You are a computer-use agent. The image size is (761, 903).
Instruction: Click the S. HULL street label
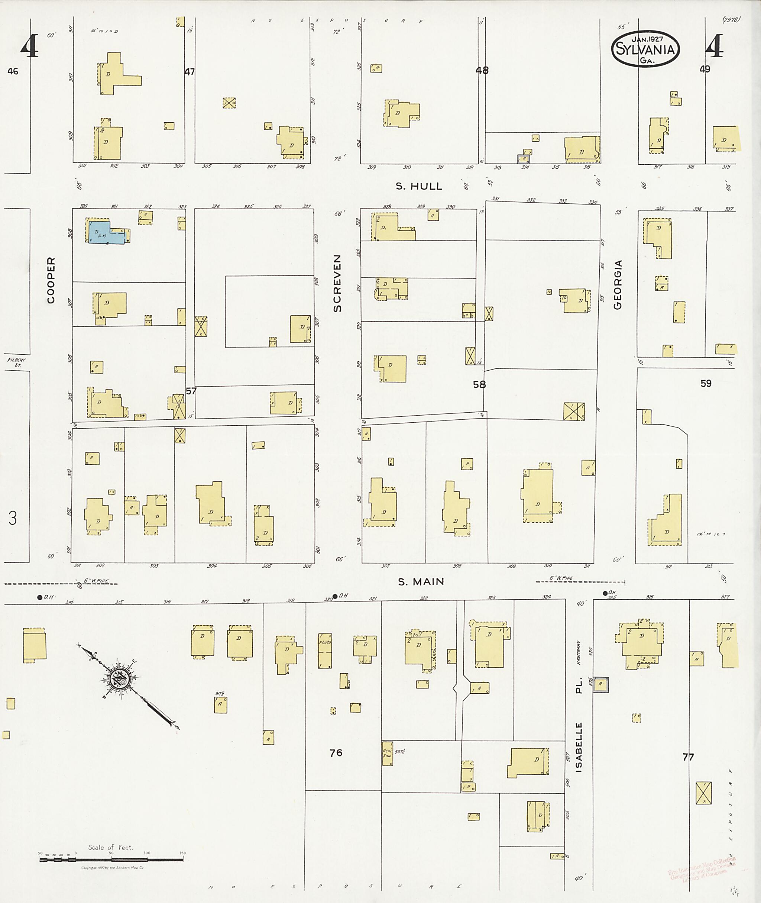click(419, 187)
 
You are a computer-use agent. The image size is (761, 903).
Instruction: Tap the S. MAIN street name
click(421, 582)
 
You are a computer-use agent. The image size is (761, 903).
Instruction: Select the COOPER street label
click(51, 281)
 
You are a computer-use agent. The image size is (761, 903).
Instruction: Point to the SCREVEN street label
click(337, 283)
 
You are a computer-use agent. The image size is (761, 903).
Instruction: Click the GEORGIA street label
click(618, 284)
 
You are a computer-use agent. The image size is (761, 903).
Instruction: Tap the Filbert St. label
click(16, 362)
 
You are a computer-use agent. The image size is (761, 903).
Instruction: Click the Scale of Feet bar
click(111, 859)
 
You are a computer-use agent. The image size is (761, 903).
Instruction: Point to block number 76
click(336, 753)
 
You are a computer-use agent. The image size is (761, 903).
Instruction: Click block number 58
click(479, 384)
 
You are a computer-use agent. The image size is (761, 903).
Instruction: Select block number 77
click(688, 757)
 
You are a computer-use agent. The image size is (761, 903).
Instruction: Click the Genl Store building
click(388, 754)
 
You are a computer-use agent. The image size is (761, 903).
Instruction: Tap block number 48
click(482, 70)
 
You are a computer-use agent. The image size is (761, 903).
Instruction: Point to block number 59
click(706, 383)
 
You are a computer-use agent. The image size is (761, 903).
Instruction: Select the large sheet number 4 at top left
click(29, 46)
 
